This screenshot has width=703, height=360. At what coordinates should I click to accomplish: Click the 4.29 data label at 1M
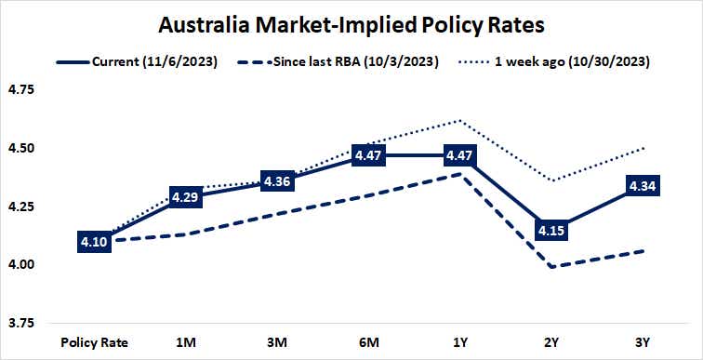pos(186,196)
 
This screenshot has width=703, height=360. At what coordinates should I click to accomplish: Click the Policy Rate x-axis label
pos(95,341)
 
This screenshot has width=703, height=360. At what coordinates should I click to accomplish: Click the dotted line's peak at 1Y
pos(460,120)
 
